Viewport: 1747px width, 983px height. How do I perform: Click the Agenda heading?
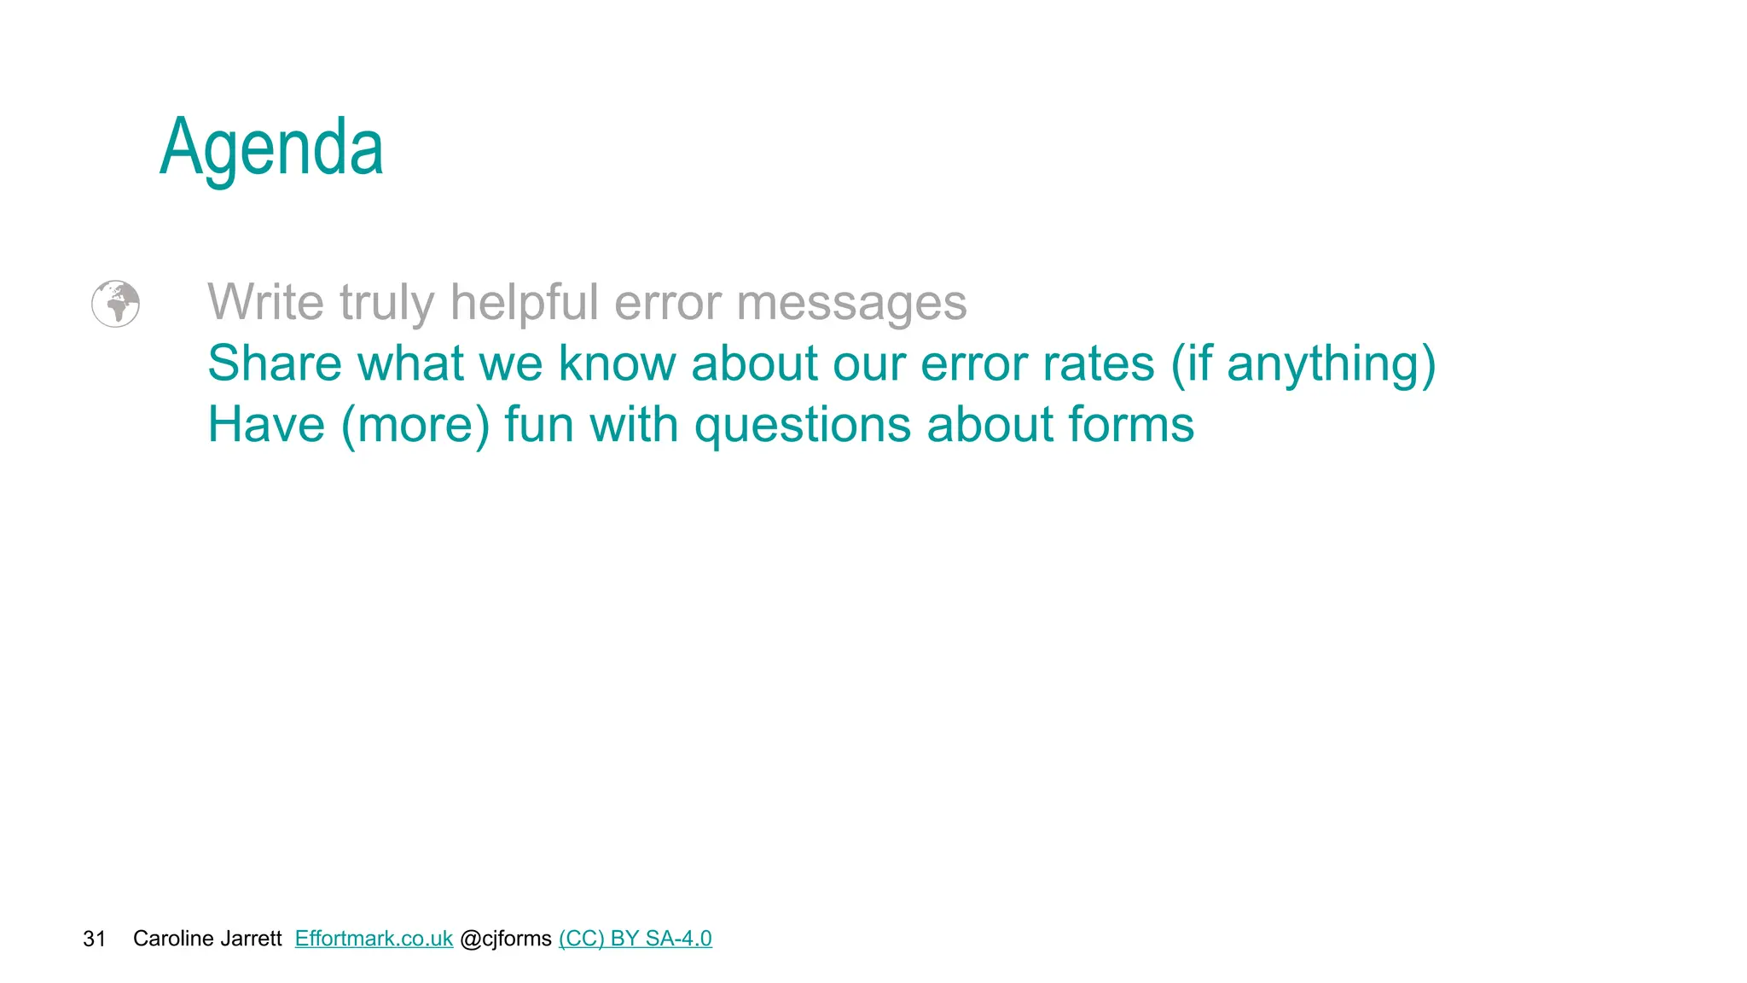[x=271, y=148]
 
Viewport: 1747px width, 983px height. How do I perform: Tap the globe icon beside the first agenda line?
[x=115, y=304]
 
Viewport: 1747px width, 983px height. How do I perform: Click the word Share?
[x=275, y=364]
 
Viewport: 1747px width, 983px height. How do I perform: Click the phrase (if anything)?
[x=1303, y=365]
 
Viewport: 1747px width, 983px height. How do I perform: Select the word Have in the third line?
[x=266, y=425]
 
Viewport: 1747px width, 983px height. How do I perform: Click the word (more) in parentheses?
[x=415, y=425]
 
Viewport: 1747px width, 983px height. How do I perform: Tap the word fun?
[x=539, y=425]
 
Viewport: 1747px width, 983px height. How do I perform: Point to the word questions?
[x=803, y=427]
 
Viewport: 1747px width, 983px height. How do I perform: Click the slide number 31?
[x=94, y=939]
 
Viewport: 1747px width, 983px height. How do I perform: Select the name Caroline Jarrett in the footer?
[x=207, y=939]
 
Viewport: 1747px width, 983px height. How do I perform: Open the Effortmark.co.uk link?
[x=374, y=939]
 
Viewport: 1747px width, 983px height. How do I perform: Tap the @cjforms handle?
[x=506, y=939]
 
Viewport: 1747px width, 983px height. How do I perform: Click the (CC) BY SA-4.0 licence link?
[x=636, y=939]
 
